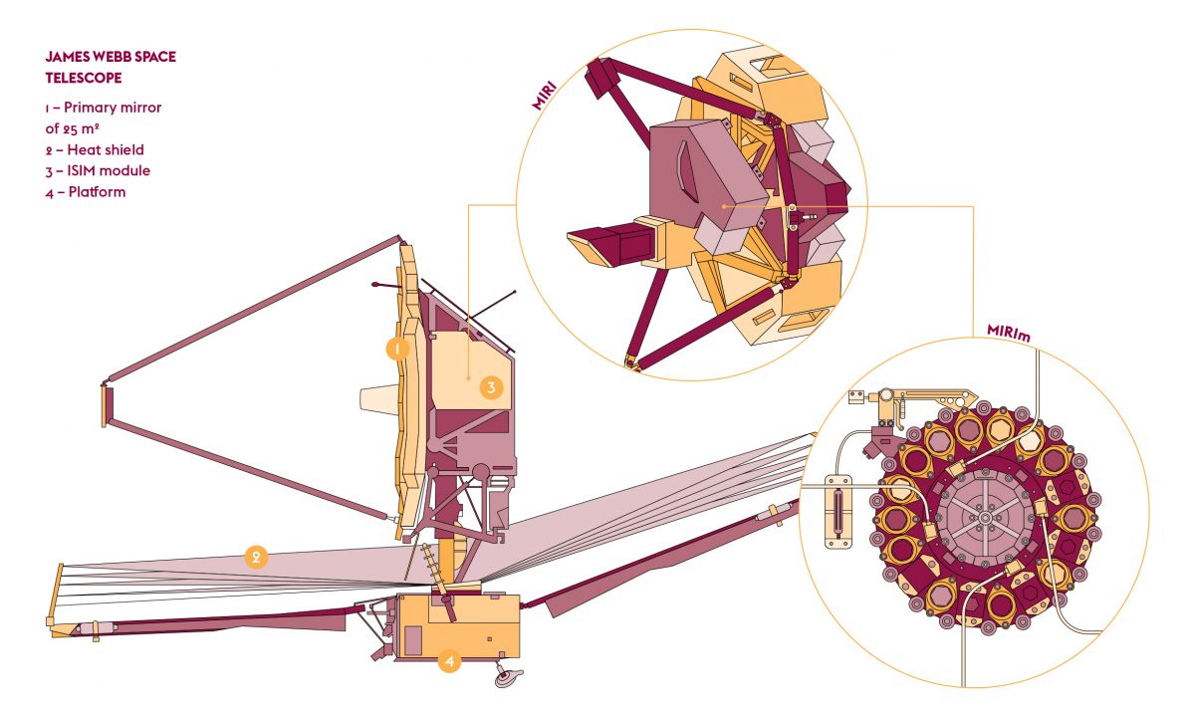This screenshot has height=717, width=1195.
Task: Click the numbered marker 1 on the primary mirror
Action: [397, 349]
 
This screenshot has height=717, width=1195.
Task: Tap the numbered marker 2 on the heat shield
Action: [256, 557]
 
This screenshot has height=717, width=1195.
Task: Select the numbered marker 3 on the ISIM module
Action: [491, 387]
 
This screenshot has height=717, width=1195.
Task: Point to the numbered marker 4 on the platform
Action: [450, 661]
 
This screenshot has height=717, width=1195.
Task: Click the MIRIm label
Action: [1008, 333]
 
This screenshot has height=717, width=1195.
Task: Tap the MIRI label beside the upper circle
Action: [544, 96]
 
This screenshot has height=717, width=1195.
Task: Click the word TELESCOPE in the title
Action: [84, 78]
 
